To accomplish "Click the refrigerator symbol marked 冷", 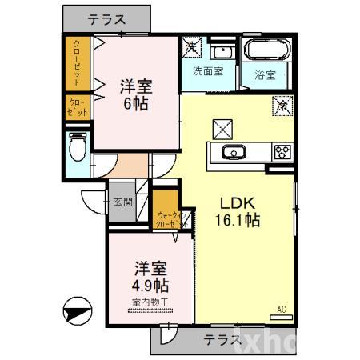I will tap(282, 104).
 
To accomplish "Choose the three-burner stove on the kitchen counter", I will tap(282, 150).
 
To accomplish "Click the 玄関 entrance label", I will tap(123, 202).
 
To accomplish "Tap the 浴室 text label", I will tap(265, 76).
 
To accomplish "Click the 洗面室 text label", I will tap(208, 70).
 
